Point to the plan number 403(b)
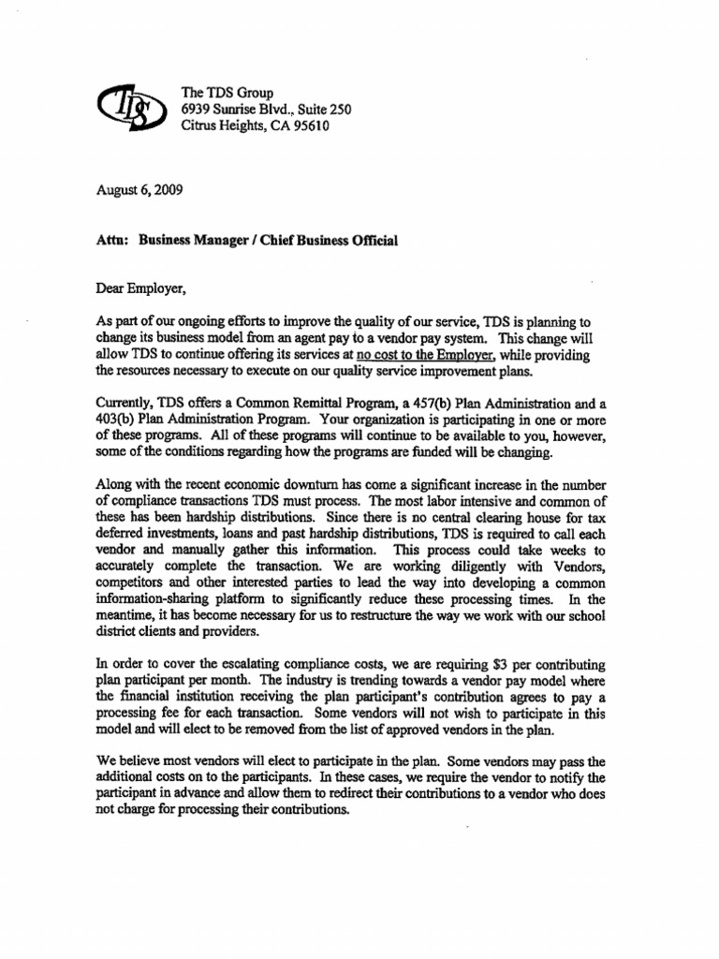click(x=120, y=420)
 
